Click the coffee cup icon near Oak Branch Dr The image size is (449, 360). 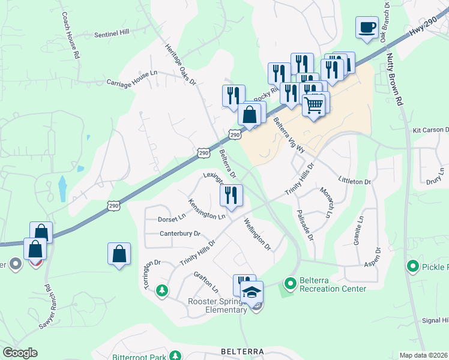click(367, 27)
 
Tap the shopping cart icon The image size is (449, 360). click(314, 105)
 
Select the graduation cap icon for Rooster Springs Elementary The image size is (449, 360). click(252, 292)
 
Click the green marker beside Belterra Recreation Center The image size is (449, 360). click(290, 282)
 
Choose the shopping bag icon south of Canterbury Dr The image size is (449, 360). click(119, 254)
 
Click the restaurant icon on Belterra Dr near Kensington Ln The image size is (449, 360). click(231, 194)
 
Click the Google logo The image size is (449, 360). click(20, 353)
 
